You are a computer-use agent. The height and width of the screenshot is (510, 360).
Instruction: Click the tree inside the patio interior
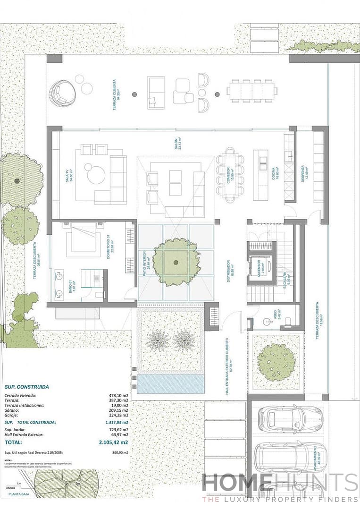point(176,262)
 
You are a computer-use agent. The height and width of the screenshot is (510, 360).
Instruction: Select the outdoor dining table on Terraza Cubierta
point(252,91)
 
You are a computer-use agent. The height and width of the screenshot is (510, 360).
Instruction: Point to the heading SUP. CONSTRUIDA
point(26,387)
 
